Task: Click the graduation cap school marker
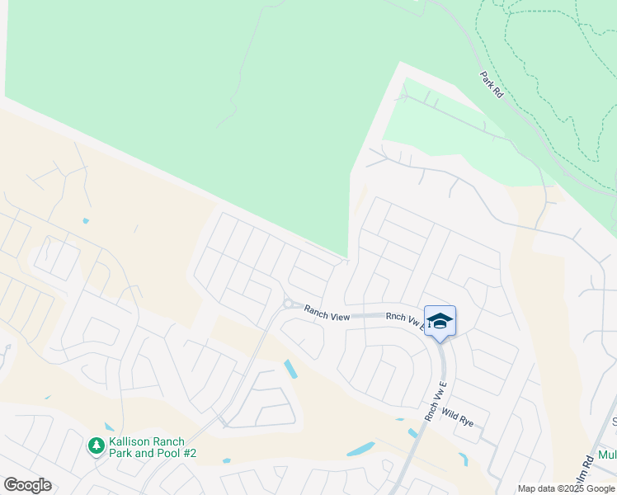(x=440, y=322)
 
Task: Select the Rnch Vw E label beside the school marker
(x=405, y=321)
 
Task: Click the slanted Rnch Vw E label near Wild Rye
(x=436, y=401)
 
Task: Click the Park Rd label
(x=492, y=85)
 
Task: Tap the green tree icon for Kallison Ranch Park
(x=97, y=446)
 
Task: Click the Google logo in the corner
(x=27, y=485)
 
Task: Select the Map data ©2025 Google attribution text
(x=566, y=488)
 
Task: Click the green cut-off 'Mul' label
(x=607, y=455)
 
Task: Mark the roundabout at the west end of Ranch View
(x=289, y=304)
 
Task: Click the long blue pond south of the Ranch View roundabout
(x=290, y=369)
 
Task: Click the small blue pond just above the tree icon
(x=110, y=427)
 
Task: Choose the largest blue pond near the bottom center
(x=360, y=450)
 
